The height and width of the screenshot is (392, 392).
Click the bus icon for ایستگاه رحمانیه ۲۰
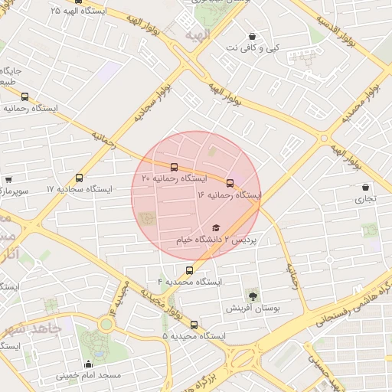tap(174, 166)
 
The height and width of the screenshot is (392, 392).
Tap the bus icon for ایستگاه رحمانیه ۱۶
tap(230, 182)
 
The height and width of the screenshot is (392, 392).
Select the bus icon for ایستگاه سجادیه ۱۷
tap(80, 178)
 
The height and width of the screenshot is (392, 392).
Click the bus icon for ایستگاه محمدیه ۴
tap(190, 270)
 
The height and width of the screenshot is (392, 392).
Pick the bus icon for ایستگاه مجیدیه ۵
tap(194, 325)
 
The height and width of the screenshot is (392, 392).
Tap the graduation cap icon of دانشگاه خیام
tap(216, 228)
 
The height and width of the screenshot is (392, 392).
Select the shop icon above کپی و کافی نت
tap(252, 36)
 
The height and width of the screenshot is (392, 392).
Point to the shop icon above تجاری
tap(365, 187)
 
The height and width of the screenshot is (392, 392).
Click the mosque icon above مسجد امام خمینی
tap(89, 364)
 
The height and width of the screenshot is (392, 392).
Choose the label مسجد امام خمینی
tap(88, 376)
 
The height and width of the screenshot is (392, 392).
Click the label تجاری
tap(364, 199)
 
